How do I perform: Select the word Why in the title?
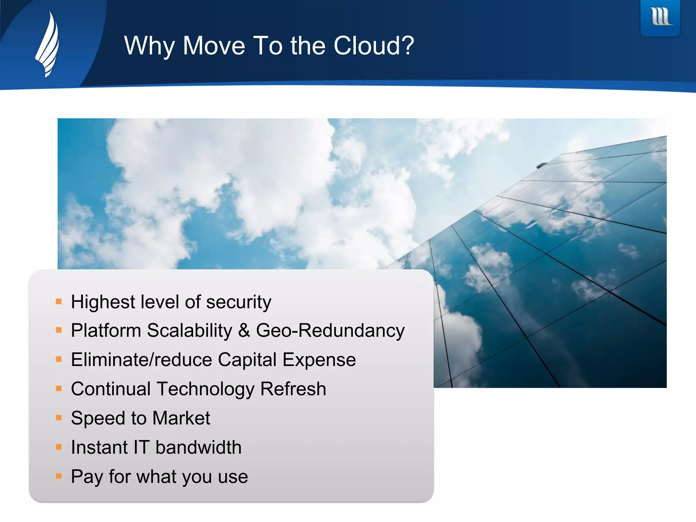click(x=149, y=46)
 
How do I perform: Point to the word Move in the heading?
click(x=214, y=46)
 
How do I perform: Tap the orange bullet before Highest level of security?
click(x=59, y=301)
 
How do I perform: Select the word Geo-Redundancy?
click(x=330, y=331)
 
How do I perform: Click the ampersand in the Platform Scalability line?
click(x=244, y=331)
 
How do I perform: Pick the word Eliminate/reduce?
click(x=141, y=360)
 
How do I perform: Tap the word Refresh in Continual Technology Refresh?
click(x=293, y=389)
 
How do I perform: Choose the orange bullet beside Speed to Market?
click(x=59, y=418)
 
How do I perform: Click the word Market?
click(x=181, y=418)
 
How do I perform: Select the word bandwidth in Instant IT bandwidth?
click(x=198, y=448)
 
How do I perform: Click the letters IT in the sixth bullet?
click(x=141, y=448)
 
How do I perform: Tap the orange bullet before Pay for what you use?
click(x=59, y=476)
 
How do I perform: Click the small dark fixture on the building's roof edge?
click(x=541, y=166)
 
